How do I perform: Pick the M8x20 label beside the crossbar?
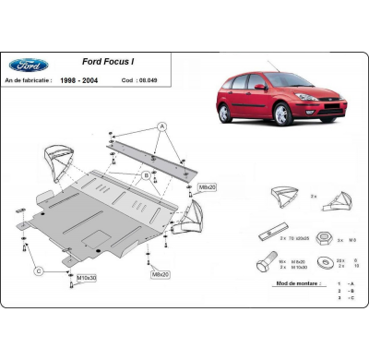205,187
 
